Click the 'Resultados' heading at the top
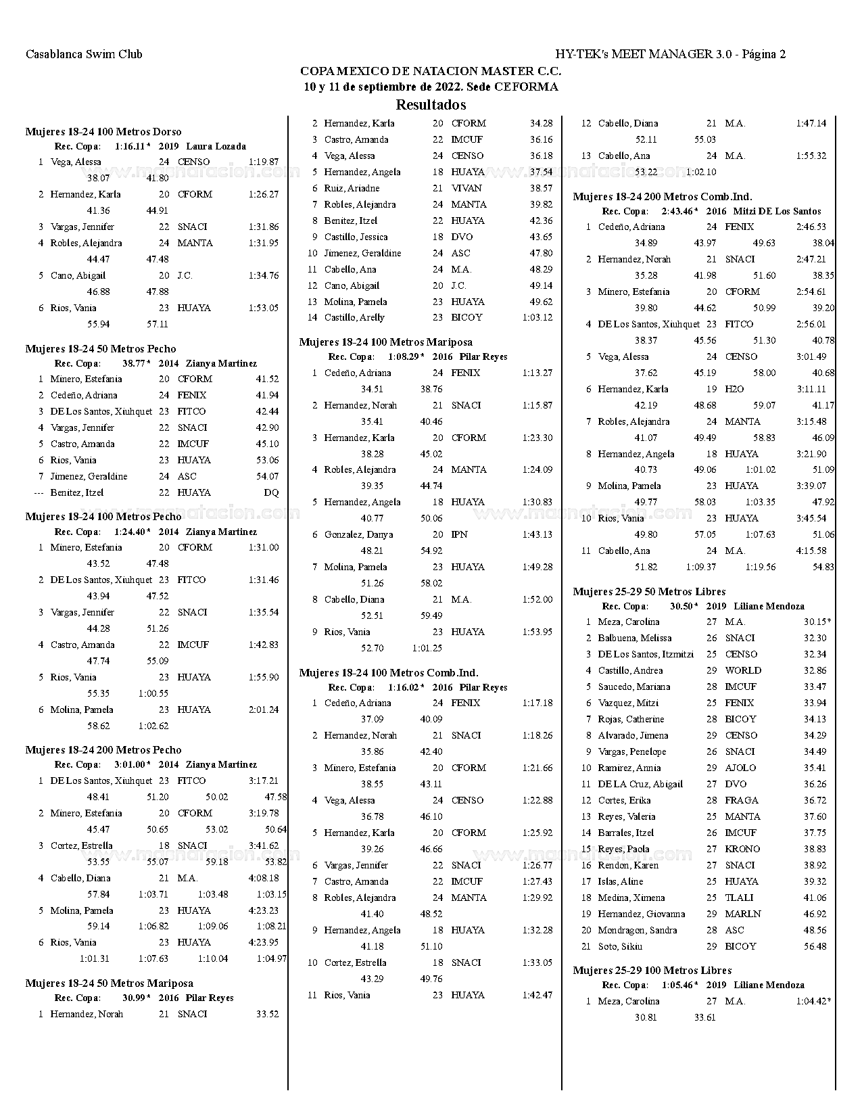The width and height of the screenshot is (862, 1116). click(431, 105)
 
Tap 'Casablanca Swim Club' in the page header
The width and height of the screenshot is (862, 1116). click(84, 54)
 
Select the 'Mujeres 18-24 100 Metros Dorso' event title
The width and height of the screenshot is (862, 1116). click(103, 132)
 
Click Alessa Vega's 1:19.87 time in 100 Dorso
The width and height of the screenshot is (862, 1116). click(263, 162)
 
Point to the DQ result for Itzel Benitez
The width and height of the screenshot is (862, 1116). click(271, 492)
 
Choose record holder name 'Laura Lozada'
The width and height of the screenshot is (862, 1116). click(216, 146)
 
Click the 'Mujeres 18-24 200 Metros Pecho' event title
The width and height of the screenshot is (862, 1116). click(103, 749)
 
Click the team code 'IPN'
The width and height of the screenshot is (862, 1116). click(459, 534)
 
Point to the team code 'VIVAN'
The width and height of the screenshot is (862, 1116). click(466, 188)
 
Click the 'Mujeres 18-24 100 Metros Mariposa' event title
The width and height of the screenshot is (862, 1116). click(386, 342)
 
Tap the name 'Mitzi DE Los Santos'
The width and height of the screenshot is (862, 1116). click(777, 211)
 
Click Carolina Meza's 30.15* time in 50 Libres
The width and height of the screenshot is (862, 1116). click(817, 622)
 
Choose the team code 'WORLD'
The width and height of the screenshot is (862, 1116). click(743, 670)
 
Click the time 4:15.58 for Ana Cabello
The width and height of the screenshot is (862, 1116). click(811, 551)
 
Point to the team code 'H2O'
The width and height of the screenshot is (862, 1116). click(734, 389)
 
